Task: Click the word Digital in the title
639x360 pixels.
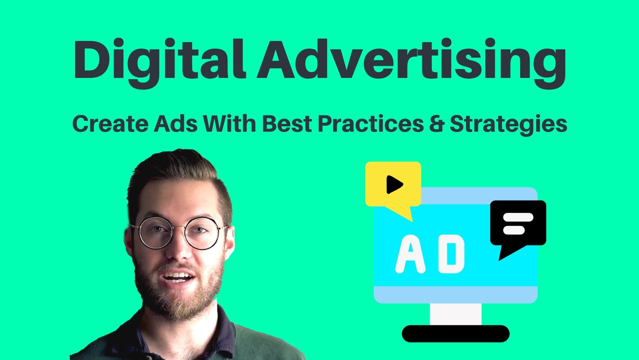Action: coord(159,63)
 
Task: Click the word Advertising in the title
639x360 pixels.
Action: coord(411,63)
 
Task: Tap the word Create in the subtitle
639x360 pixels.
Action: coord(110,124)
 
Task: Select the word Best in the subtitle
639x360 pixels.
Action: coord(287,124)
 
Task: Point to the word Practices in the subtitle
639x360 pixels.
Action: coord(371,124)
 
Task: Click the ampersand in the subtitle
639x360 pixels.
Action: coord(437,124)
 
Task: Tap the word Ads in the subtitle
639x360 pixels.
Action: coord(175,124)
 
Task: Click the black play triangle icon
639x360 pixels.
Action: coord(395,185)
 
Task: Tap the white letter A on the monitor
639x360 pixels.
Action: coord(410,254)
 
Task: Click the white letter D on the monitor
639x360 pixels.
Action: coord(451,254)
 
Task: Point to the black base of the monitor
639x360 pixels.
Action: coord(455,334)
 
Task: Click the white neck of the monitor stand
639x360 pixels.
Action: coord(455,314)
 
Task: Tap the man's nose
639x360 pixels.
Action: coord(179,248)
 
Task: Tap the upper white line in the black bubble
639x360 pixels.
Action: coord(518,217)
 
